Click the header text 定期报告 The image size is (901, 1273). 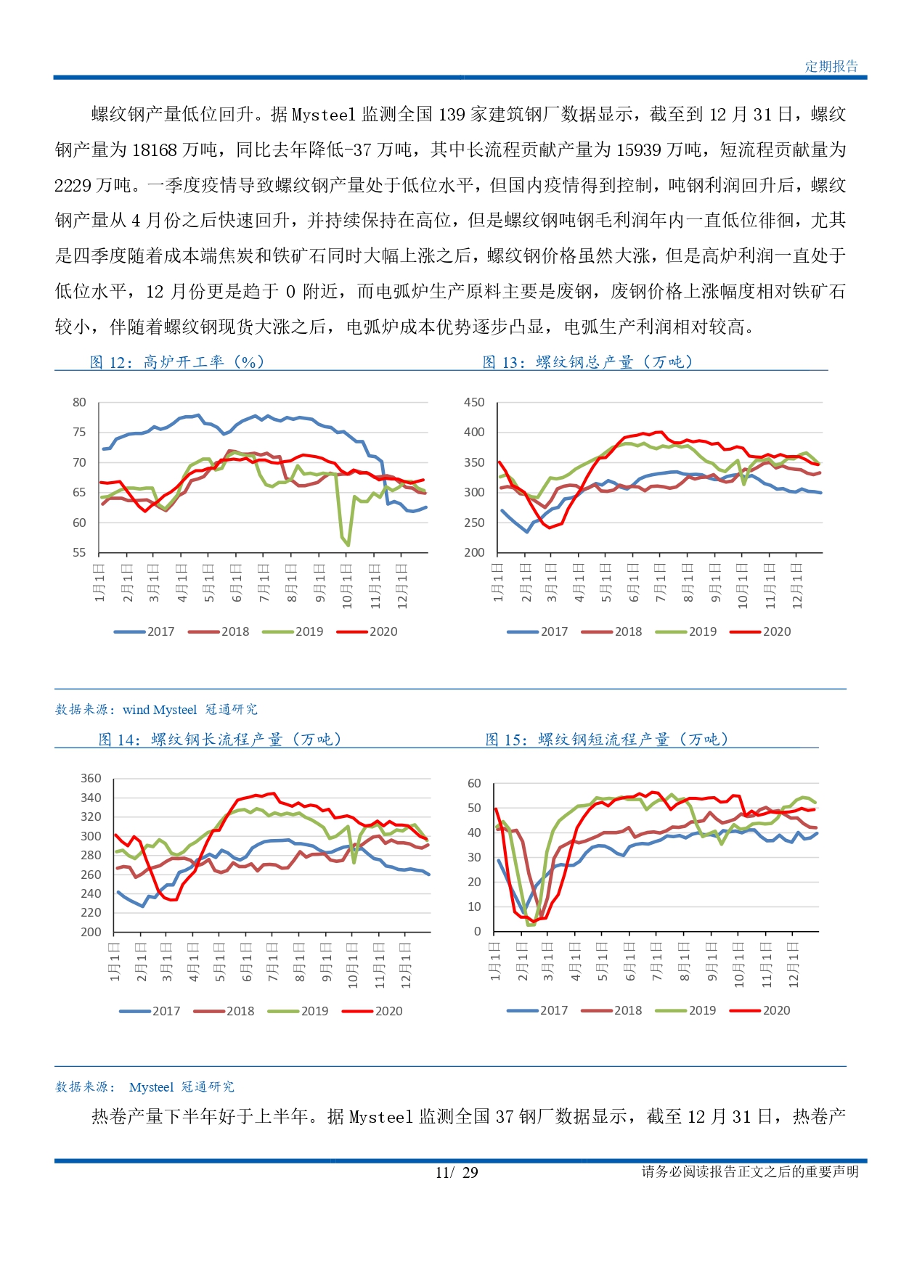tap(831, 66)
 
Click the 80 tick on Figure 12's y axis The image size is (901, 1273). tap(79, 402)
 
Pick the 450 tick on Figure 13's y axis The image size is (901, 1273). tap(474, 402)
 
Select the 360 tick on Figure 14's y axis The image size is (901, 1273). tap(91, 778)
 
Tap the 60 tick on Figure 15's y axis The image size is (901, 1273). tap(474, 783)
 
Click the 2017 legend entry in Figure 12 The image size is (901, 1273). tap(144, 631)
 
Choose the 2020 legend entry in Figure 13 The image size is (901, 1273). tap(760, 631)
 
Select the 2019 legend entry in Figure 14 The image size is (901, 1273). tap(298, 1011)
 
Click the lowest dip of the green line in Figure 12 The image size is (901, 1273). tap(348, 544)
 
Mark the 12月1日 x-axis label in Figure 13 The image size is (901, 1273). tap(796, 586)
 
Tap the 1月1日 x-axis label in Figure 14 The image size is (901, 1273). tap(115, 962)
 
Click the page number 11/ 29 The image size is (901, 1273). tap(457, 1172)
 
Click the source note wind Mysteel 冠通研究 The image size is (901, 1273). tap(190, 710)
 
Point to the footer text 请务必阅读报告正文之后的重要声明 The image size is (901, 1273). tap(750, 1171)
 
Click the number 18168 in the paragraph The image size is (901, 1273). tap(155, 150)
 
